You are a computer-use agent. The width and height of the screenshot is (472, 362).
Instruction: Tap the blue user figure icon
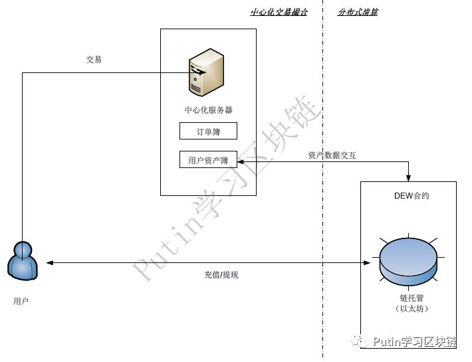click(23, 260)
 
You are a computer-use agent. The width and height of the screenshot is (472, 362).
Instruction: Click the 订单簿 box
click(208, 132)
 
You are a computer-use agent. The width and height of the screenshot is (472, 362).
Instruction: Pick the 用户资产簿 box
click(208, 160)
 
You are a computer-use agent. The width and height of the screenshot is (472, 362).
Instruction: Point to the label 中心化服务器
click(208, 110)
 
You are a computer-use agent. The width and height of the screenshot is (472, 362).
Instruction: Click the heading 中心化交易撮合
click(279, 12)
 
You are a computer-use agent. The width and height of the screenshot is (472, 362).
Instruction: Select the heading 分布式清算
click(358, 12)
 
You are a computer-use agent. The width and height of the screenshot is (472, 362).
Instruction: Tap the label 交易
click(94, 60)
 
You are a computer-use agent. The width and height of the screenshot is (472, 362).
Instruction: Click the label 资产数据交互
click(332, 155)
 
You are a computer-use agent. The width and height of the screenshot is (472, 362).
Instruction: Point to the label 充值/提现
click(221, 275)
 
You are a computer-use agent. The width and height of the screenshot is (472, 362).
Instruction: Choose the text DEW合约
click(412, 196)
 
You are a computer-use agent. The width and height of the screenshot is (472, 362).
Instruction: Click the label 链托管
click(409, 298)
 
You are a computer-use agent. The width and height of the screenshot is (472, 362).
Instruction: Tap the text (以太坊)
click(409, 309)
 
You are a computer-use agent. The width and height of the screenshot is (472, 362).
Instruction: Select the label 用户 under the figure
click(21, 302)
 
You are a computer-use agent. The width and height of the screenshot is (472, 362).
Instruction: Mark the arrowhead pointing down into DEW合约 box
click(409, 177)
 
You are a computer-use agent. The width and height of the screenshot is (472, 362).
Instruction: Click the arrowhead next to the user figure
click(49, 263)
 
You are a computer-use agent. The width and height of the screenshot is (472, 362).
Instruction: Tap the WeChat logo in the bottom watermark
click(362, 341)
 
